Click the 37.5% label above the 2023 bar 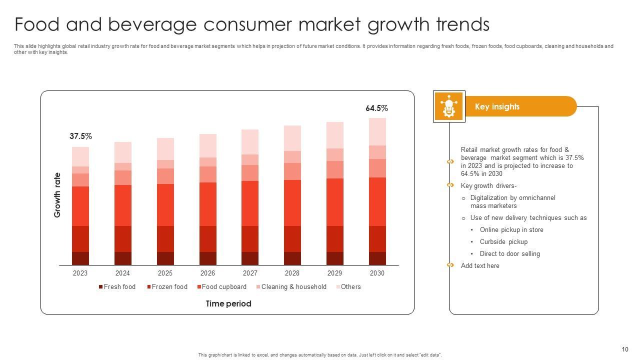tap(80, 136)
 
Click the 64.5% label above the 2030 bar tap(376, 108)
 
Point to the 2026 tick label tap(207, 273)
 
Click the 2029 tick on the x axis tap(334, 273)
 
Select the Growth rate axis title tap(57, 195)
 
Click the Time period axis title tap(228, 304)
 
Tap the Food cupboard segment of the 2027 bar tap(250, 203)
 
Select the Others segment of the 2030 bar tap(377, 131)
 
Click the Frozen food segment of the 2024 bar tap(123, 239)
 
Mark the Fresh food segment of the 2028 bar tap(292, 258)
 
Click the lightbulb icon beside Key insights tap(449, 106)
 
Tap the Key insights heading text tap(497, 107)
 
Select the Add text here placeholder tap(480, 266)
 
